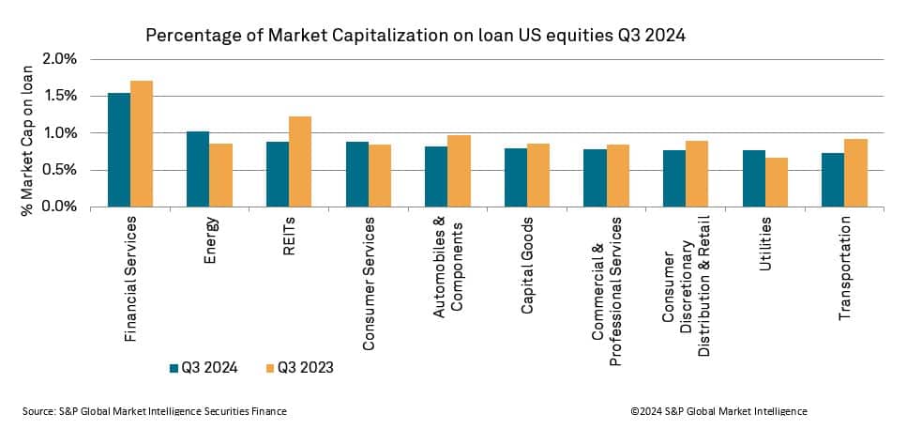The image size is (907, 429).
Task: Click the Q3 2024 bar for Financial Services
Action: (119, 150)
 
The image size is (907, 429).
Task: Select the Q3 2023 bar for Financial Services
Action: (142, 144)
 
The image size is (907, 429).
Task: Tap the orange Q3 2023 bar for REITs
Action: (300, 161)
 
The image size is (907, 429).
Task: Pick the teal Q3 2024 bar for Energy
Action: (198, 169)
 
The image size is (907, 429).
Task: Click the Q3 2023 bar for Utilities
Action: (777, 182)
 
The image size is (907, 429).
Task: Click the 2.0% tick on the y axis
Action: (59, 59)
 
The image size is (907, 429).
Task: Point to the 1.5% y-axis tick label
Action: (59, 96)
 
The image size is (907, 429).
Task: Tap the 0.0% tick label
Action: (59, 207)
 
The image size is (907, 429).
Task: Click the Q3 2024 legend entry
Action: (204, 368)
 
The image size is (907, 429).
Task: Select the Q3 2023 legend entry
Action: (299, 368)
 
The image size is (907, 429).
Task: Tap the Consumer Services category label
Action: (370, 283)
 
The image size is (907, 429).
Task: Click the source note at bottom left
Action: (155, 411)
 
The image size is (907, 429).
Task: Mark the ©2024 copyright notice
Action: (718, 411)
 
